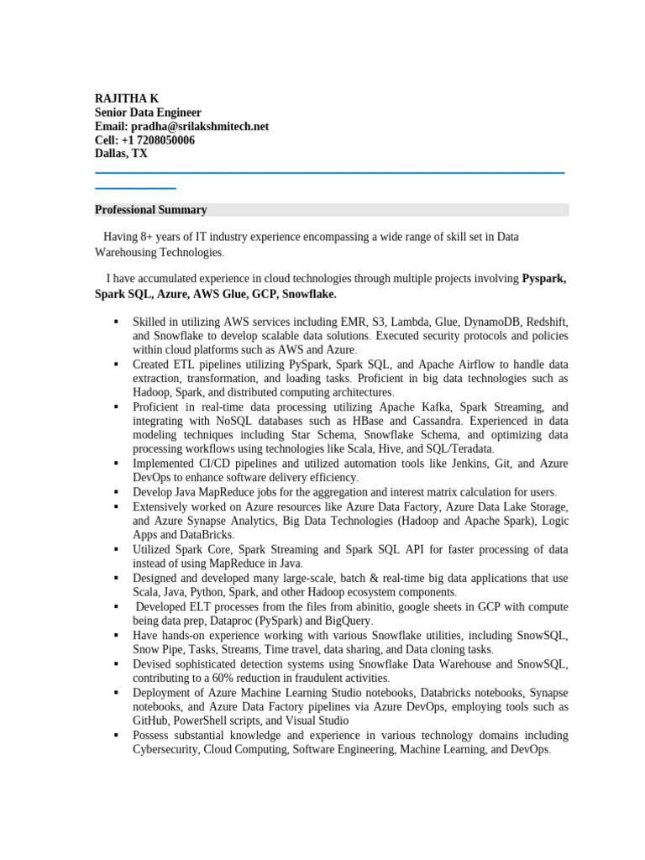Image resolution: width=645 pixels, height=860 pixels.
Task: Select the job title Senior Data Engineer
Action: pos(148,113)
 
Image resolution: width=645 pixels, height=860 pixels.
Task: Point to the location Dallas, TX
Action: pos(121,154)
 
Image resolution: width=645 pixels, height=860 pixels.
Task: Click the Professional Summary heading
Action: pos(150,210)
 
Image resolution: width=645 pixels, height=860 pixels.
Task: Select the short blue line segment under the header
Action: pos(135,188)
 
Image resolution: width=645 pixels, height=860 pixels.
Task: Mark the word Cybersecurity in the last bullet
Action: pos(165,749)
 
